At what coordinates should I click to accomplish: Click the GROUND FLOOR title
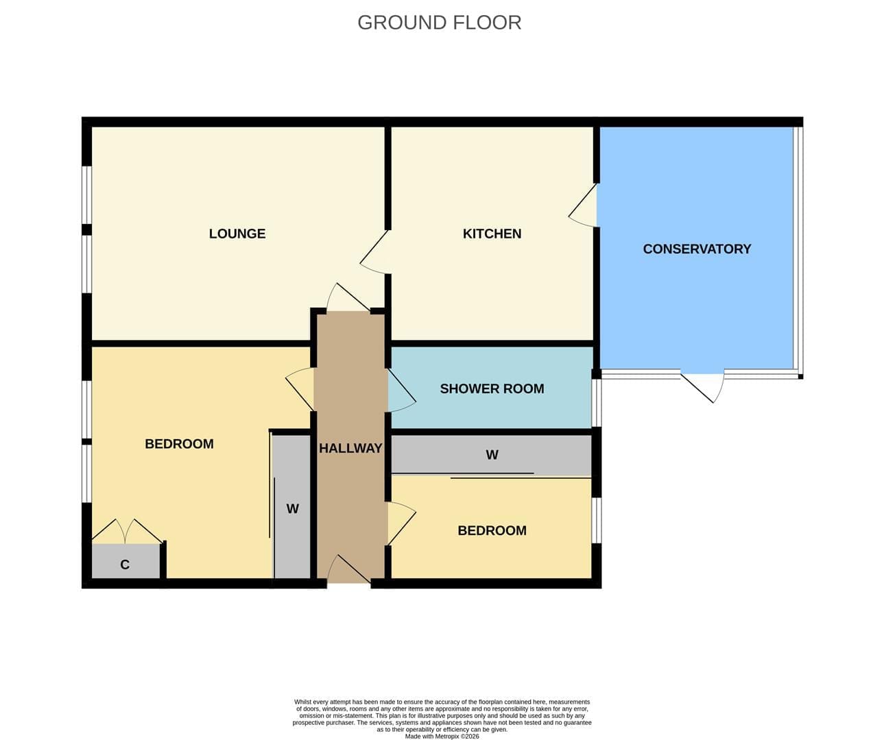pyautogui.click(x=440, y=23)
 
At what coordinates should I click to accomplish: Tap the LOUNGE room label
pyautogui.click(x=237, y=234)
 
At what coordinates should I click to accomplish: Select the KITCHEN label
pyautogui.click(x=492, y=234)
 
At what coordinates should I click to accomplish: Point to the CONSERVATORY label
pyautogui.click(x=697, y=249)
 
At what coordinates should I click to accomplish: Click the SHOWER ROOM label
pyautogui.click(x=492, y=388)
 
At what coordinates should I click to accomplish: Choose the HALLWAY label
pyautogui.click(x=350, y=449)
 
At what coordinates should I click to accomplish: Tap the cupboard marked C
pyautogui.click(x=126, y=561)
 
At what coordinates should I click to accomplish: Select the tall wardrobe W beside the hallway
pyautogui.click(x=292, y=507)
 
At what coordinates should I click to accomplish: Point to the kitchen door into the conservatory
pyautogui.click(x=582, y=205)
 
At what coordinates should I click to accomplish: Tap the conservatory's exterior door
pyautogui.click(x=703, y=386)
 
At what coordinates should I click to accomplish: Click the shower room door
pyautogui.click(x=402, y=391)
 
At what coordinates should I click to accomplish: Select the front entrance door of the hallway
pyautogui.click(x=348, y=569)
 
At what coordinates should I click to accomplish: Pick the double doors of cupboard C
pyautogui.click(x=127, y=532)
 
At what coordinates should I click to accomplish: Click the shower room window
pyautogui.click(x=596, y=403)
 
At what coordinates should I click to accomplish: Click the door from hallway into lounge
pyautogui.click(x=348, y=297)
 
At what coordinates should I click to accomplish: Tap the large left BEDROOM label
pyautogui.click(x=179, y=444)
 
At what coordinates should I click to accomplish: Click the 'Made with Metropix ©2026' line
pyautogui.click(x=442, y=736)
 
